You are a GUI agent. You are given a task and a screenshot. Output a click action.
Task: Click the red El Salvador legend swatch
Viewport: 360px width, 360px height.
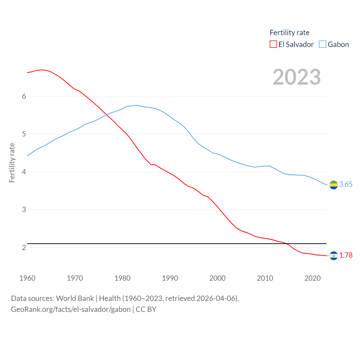tap(273, 44)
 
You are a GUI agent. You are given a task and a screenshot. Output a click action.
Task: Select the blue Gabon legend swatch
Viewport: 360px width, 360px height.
tap(323, 44)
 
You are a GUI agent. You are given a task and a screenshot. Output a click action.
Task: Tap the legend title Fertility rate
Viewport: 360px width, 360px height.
tap(289, 33)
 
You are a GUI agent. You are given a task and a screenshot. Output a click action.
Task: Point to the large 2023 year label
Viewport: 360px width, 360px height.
tap(296, 77)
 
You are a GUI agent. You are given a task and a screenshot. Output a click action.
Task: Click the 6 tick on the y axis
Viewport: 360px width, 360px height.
tap(24, 96)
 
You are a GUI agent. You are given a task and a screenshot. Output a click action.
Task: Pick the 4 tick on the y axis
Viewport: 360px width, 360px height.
tap(24, 172)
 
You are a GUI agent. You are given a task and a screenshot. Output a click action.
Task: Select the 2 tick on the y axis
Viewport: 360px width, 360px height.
tap(24, 247)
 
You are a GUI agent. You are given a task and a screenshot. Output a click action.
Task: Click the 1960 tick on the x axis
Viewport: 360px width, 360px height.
tap(27, 278)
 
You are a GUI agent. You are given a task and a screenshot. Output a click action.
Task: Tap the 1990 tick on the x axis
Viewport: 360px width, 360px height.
tap(170, 278)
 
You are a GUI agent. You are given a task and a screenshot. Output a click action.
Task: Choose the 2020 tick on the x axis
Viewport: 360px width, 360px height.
tap(312, 278)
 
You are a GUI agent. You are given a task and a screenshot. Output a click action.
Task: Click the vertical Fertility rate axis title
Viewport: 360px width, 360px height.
tap(12, 163)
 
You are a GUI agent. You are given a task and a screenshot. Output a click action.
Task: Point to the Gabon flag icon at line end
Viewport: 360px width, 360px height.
tap(334, 185)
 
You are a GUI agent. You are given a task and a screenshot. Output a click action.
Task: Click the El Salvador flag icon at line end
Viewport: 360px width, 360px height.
tap(334, 256)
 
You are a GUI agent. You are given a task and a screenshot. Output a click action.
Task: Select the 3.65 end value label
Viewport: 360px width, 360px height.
tap(346, 184)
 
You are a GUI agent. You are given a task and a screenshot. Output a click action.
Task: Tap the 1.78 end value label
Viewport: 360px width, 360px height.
tap(346, 255)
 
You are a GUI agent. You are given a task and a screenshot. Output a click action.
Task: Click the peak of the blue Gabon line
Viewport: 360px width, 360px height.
tap(136, 105)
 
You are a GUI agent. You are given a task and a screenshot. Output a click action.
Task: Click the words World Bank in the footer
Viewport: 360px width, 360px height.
tap(75, 298)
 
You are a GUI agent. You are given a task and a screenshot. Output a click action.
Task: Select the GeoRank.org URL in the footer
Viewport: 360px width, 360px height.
tap(71, 309)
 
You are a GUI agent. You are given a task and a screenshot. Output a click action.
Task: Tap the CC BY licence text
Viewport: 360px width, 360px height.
tap(146, 309)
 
